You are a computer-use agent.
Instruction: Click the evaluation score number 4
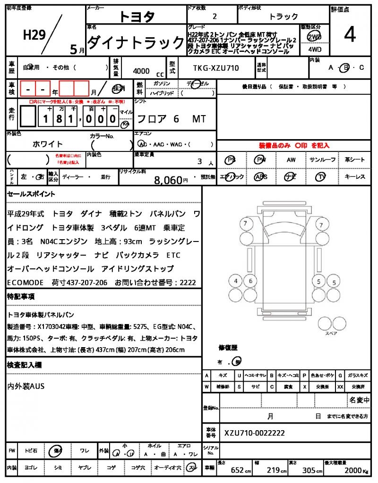(x=350, y=34)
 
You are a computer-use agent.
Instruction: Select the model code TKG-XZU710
(x=216, y=68)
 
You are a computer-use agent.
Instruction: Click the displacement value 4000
(x=141, y=71)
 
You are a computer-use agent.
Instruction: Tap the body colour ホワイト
(x=48, y=144)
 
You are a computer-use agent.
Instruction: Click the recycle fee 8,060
(x=168, y=180)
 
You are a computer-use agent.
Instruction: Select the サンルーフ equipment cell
(x=323, y=160)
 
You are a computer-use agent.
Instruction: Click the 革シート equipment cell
(x=355, y=160)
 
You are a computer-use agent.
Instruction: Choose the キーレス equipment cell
(x=355, y=177)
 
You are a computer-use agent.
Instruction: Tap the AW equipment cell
(x=291, y=160)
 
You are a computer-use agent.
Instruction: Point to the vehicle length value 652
(x=237, y=470)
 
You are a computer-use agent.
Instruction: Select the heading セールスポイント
(x=31, y=194)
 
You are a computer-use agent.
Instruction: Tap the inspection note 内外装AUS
(x=26, y=386)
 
